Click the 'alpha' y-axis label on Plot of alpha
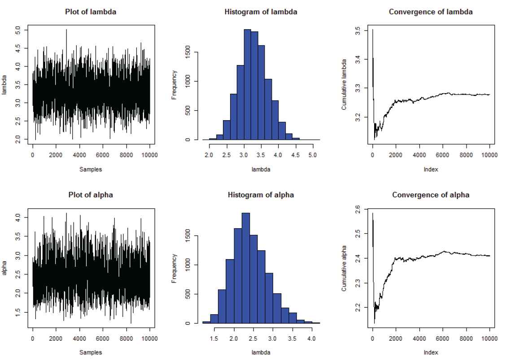5,268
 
